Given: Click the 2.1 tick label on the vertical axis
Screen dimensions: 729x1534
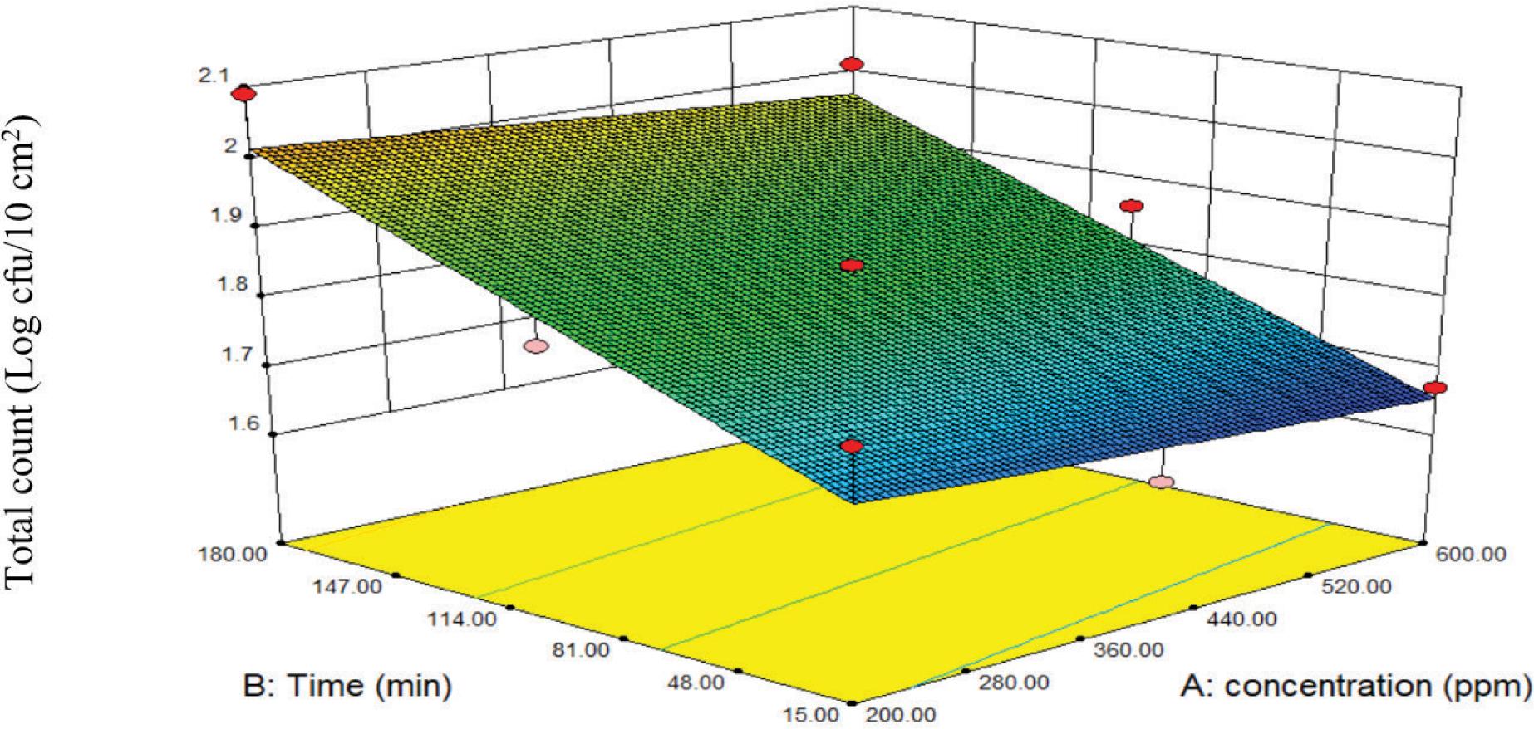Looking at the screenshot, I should pyautogui.click(x=214, y=76).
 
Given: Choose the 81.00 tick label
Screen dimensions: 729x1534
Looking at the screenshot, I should pyautogui.click(x=585, y=650).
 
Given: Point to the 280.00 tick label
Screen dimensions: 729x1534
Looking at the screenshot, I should pyautogui.click(x=1015, y=683).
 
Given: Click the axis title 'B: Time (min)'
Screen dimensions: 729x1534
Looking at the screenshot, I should pyautogui.click(x=348, y=686).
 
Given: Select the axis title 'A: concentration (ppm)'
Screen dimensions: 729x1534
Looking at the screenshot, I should pyautogui.click(x=1356, y=686).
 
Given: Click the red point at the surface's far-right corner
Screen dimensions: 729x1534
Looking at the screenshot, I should pyautogui.click(x=1435, y=388).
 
